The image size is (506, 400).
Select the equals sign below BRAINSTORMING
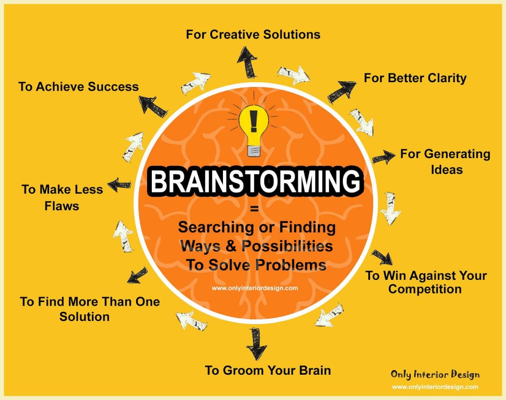[x=254, y=209]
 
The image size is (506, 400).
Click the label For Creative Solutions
[x=253, y=34]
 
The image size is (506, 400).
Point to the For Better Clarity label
[x=415, y=78]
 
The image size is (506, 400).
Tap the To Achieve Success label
[x=79, y=87]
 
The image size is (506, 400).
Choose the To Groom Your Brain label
[x=268, y=370]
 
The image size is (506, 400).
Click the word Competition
[x=425, y=289]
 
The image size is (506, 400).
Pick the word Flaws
[x=62, y=206]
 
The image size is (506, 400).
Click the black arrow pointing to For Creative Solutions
[x=247, y=61]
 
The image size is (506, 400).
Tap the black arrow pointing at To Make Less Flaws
[x=120, y=185]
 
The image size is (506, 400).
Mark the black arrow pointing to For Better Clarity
[x=341, y=91]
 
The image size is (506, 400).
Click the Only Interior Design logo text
[x=435, y=374]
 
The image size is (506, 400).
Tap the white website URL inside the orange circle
[x=255, y=288]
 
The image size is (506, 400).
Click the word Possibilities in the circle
[x=287, y=246]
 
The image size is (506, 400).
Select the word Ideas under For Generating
[x=447, y=170]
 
